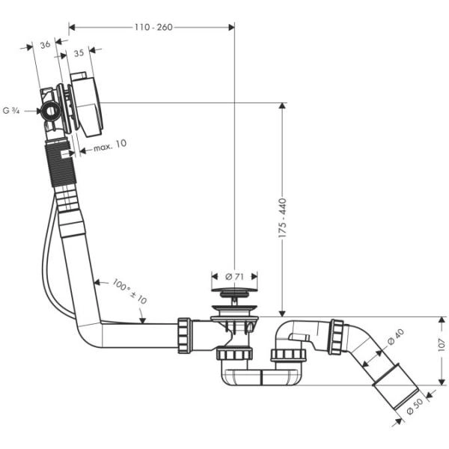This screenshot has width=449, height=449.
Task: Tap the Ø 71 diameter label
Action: coord(234,276)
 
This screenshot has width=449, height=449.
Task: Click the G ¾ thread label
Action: coord(11,111)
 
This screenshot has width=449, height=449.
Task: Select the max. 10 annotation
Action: coord(110,144)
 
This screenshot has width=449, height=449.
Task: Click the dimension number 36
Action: coord(45,44)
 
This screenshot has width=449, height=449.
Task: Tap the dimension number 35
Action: coord(79,54)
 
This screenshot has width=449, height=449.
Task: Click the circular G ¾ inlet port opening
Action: coord(52,112)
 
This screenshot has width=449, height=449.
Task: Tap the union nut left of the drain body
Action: coord(184,335)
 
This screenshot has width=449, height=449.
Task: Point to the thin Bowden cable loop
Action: coord(48,269)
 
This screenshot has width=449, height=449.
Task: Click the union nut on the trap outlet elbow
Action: coord(336,337)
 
